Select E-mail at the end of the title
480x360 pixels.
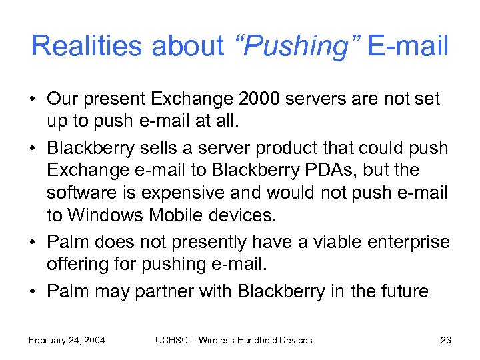[408, 46]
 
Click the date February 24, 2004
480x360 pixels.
[67, 340]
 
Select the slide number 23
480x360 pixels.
[446, 340]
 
